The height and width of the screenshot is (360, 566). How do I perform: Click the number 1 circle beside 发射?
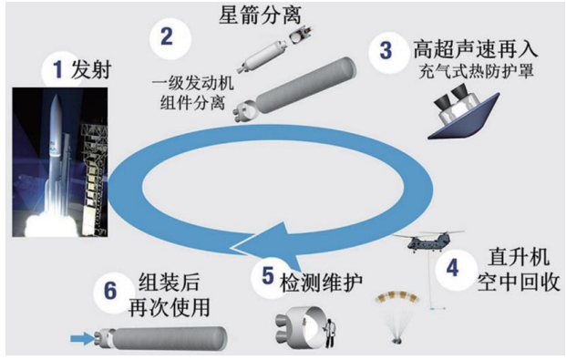click(x=57, y=69)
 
